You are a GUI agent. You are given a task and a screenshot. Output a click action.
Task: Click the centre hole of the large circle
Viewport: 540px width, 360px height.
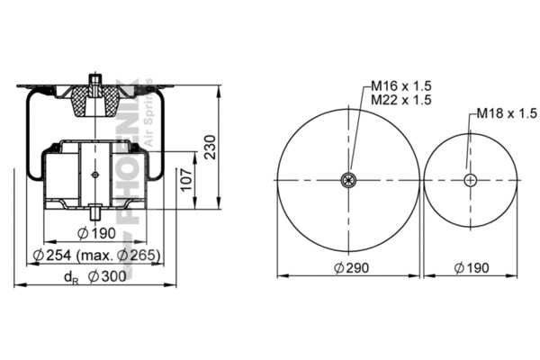point(349,180)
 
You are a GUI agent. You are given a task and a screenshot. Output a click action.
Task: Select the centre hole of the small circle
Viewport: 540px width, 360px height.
point(470,180)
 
